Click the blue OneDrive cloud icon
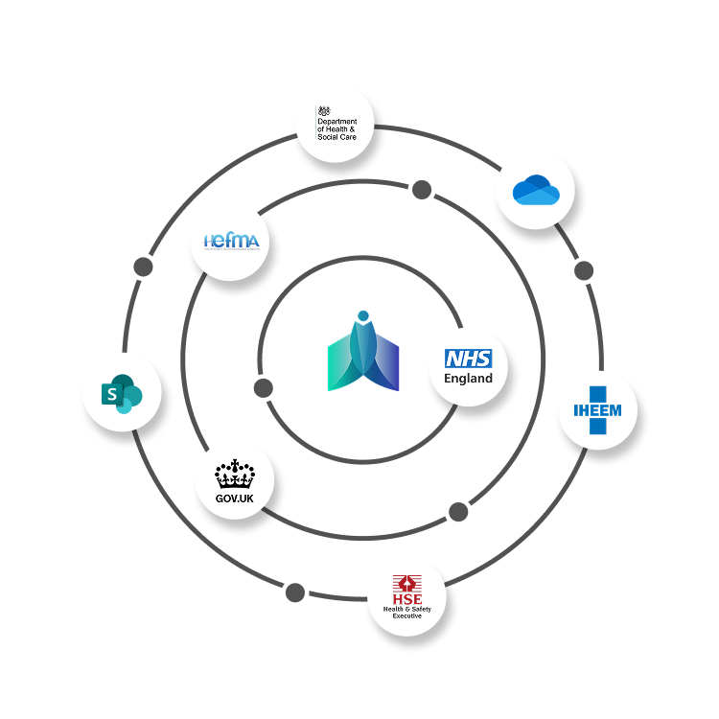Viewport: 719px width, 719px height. tap(536, 191)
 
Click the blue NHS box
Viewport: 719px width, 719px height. tap(468, 359)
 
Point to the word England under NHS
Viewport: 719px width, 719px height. tap(468, 378)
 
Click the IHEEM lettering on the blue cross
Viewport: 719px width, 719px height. tap(598, 410)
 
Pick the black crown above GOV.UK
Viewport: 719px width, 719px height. tap(233, 475)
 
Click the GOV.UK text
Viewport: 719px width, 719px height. tap(233, 499)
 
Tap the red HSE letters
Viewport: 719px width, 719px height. tap(407, 598)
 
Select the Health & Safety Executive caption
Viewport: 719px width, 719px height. tap(407, 612)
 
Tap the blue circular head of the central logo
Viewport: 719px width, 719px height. tap(362, 315)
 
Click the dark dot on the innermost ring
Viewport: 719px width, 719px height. tap(264, 388)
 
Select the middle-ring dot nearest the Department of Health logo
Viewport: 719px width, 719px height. tap(421, 190)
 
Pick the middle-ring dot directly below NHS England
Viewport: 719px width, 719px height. tap(458, 512)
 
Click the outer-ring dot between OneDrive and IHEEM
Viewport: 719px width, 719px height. tap(584, 270)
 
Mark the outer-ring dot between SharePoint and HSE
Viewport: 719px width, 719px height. tap(295, 592)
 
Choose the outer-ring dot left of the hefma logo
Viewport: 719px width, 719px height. tap(143, 267)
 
